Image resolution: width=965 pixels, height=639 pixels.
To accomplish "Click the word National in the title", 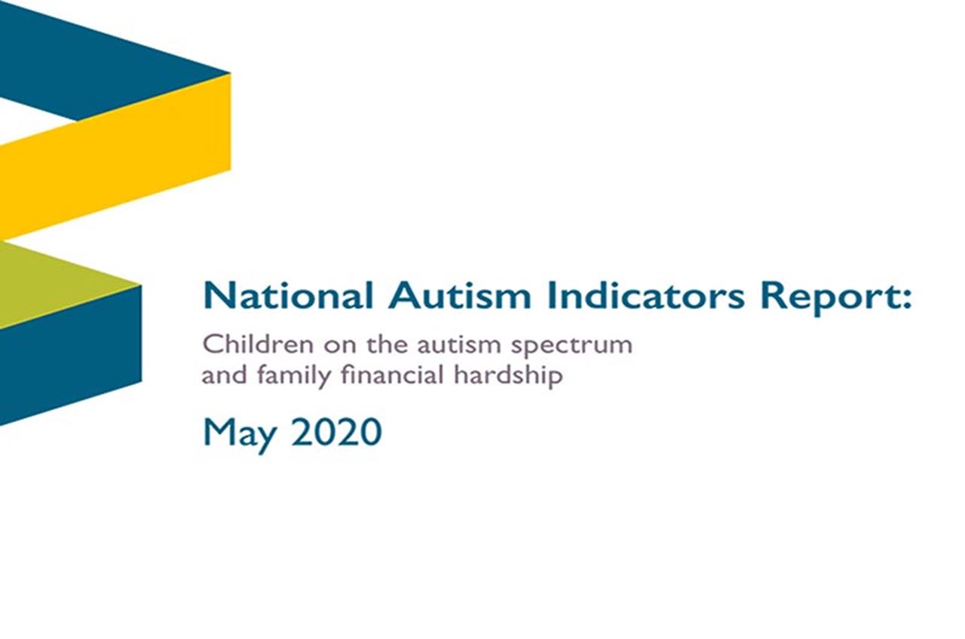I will point(287,296).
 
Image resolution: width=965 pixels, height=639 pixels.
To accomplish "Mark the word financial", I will point(394,375).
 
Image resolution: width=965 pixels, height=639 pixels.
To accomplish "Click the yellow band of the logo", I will point(113,158).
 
